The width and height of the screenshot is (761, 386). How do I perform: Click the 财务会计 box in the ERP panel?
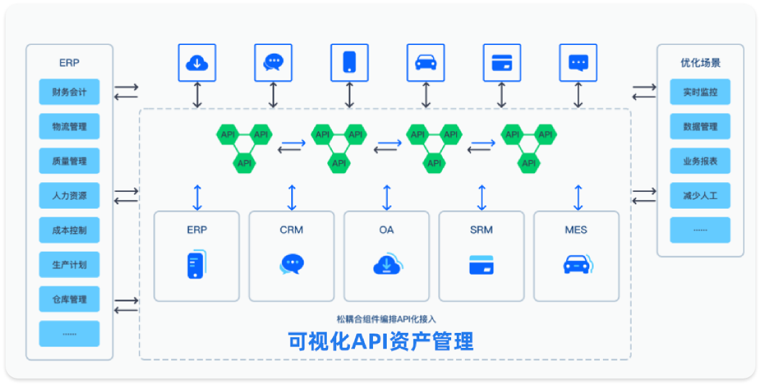69,92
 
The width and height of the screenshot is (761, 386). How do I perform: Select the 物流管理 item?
69,126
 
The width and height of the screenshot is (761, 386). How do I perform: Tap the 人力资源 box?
69,195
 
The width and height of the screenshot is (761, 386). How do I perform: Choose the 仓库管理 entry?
69,299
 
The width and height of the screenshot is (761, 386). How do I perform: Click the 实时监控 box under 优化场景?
700,92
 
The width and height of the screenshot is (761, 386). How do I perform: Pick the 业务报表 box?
700,161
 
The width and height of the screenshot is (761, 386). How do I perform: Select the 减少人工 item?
700,195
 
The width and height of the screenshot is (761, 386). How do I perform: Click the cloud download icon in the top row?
197,62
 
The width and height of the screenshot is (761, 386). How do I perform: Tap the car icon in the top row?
425,62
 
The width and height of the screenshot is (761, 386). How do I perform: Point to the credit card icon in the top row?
502,62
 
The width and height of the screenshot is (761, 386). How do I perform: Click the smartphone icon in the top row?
349,62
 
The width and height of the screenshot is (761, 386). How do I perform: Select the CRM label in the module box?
291,230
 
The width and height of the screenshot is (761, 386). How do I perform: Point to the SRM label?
481,230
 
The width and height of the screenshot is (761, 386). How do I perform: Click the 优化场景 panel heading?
700,62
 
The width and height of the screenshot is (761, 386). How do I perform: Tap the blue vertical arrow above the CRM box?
292,197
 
